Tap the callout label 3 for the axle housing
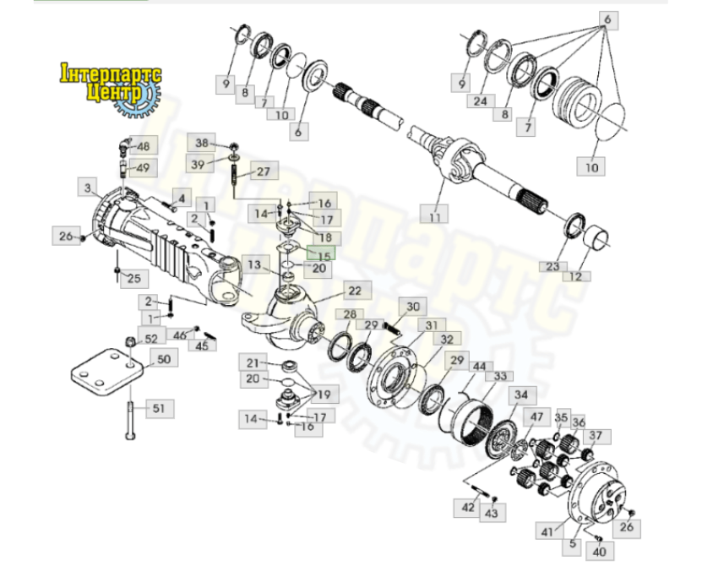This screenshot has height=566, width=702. (x=87, y=188)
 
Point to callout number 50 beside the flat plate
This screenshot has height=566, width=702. (x=164, y=359)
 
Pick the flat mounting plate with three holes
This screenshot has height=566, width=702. (x=107, y=372)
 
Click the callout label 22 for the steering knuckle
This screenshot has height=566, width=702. (x=355, y=291)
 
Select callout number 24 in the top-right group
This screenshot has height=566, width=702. (x=481, y=101)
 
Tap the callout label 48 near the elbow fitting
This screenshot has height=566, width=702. (x=144, y=146)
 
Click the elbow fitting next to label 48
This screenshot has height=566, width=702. (x=123, y=144)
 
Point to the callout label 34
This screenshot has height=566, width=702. (x=521, y=395)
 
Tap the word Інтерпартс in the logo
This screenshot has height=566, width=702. (x=111, y=74)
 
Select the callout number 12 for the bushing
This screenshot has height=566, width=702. (x=576, y=276)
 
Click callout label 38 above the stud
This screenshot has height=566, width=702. (x=202, y=143)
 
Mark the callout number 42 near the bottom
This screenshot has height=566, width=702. (x=468, y=508)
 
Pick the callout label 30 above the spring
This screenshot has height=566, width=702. (x=413, y=307)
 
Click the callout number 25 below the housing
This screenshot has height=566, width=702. (x=133, y=278)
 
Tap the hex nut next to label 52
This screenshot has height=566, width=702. (x=130, y=341)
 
